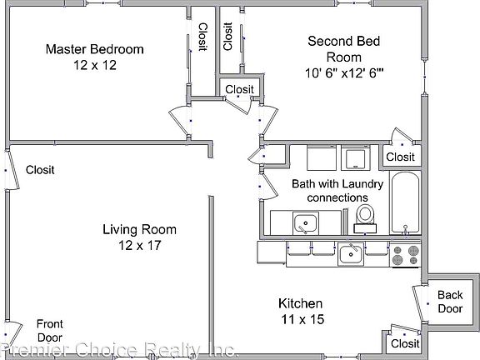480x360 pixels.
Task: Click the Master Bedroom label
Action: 95,49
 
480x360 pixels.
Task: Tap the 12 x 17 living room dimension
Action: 140,245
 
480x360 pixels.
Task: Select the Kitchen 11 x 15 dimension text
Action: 302,319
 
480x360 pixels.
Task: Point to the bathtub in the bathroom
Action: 405,203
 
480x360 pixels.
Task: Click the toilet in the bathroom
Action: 365,219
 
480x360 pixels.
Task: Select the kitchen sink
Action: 351,254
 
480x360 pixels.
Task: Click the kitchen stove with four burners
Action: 405,255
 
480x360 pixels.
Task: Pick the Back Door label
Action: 450,302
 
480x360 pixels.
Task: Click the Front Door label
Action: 50,331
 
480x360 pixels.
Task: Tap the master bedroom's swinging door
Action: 180,120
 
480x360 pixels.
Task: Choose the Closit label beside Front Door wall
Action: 40,170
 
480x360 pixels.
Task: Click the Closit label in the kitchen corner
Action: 405,343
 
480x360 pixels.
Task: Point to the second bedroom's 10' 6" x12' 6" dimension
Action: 344,73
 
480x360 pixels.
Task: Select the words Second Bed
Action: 344,42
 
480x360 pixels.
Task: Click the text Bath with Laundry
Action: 337,184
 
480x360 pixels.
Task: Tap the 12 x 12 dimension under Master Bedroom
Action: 95,65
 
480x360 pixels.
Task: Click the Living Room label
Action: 139,230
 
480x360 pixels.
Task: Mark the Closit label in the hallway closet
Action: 239,90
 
